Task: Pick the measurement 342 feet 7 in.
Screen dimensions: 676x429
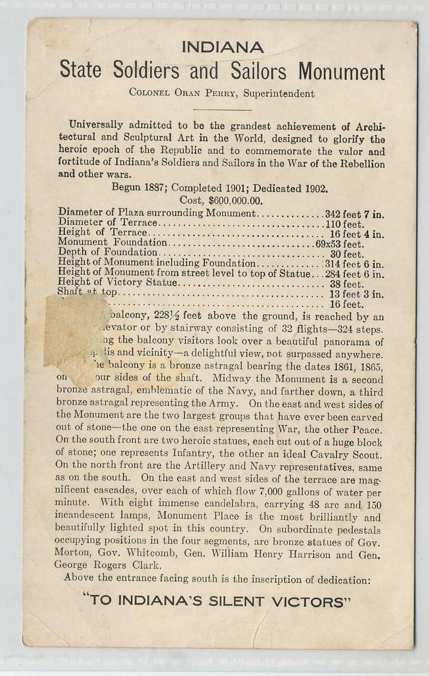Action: pos(354,213)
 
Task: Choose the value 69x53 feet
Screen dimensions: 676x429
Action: pos(340,243)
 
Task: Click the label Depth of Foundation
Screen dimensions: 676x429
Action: pos(107,252)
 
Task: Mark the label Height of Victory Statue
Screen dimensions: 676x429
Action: pos(117,282)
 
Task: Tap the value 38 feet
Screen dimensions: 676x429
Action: pos(347,284)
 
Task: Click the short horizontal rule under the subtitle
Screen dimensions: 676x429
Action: pos(222,110)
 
